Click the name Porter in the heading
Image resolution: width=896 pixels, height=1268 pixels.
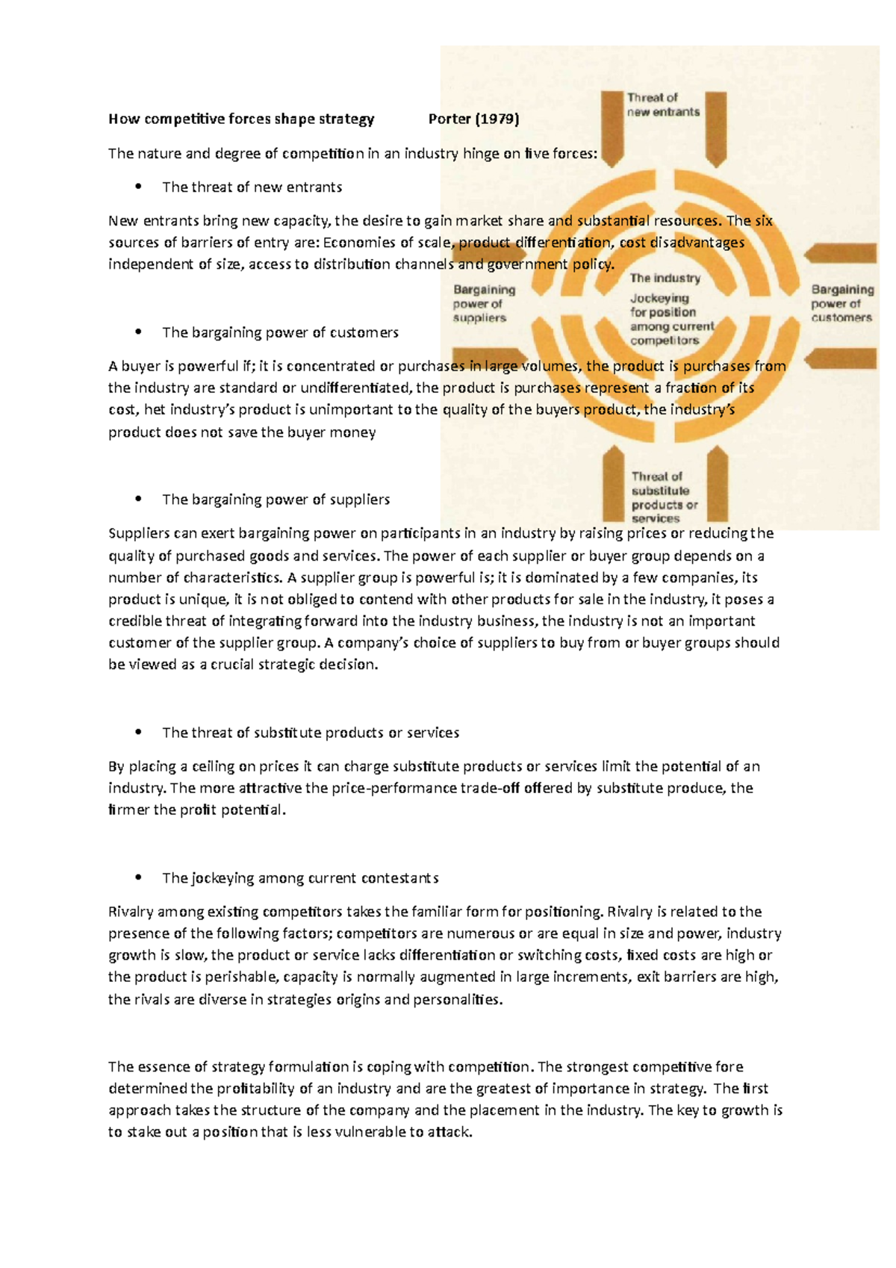(449, 119)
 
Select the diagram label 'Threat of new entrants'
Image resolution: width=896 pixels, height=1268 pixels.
(663, 105)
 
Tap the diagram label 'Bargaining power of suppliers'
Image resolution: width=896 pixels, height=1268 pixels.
(483, 303)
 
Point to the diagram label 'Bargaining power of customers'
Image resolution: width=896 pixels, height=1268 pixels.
(842, 303)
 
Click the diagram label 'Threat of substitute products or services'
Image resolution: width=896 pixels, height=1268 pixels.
(663, 497)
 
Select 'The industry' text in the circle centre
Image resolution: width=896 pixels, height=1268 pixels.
(665, 278)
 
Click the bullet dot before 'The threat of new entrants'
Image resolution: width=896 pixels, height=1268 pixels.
(138, 187)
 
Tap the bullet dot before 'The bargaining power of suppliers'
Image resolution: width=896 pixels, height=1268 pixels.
(138, 499)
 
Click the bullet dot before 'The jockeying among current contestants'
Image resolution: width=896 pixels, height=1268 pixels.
(138, 877)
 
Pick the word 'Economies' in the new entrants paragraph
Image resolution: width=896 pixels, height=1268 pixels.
(352, 242)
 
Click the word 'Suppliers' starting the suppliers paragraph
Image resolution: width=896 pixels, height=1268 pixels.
(139, 533)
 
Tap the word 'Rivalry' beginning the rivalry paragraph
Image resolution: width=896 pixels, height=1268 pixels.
(131, 912)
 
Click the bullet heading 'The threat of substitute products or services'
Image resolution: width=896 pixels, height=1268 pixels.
(310, 733)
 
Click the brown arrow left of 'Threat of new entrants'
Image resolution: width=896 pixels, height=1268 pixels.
(612, 127)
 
